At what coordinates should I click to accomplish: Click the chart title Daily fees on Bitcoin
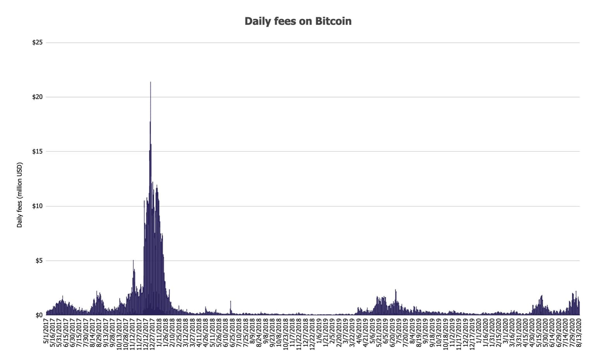tap(298, 21)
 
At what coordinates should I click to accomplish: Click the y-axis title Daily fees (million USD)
tap(20, 195)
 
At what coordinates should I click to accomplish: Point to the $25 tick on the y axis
tap(37, 43)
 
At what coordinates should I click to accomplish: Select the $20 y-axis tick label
tap(37, 97)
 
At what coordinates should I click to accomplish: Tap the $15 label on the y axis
tap(37, 152)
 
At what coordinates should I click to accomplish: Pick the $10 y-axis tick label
tap(37, 206)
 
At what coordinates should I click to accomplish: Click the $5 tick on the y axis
tap(38, 261)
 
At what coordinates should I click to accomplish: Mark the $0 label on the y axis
tap(39, 315)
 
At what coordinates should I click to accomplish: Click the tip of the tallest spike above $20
tap(150, 82)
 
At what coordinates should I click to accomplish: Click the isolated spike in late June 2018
tap(230, 302)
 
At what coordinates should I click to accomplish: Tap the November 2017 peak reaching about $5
tap(133, 261)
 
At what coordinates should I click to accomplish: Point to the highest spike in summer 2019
tap(396, 290)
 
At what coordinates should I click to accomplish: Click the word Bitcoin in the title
tap(333, 21)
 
